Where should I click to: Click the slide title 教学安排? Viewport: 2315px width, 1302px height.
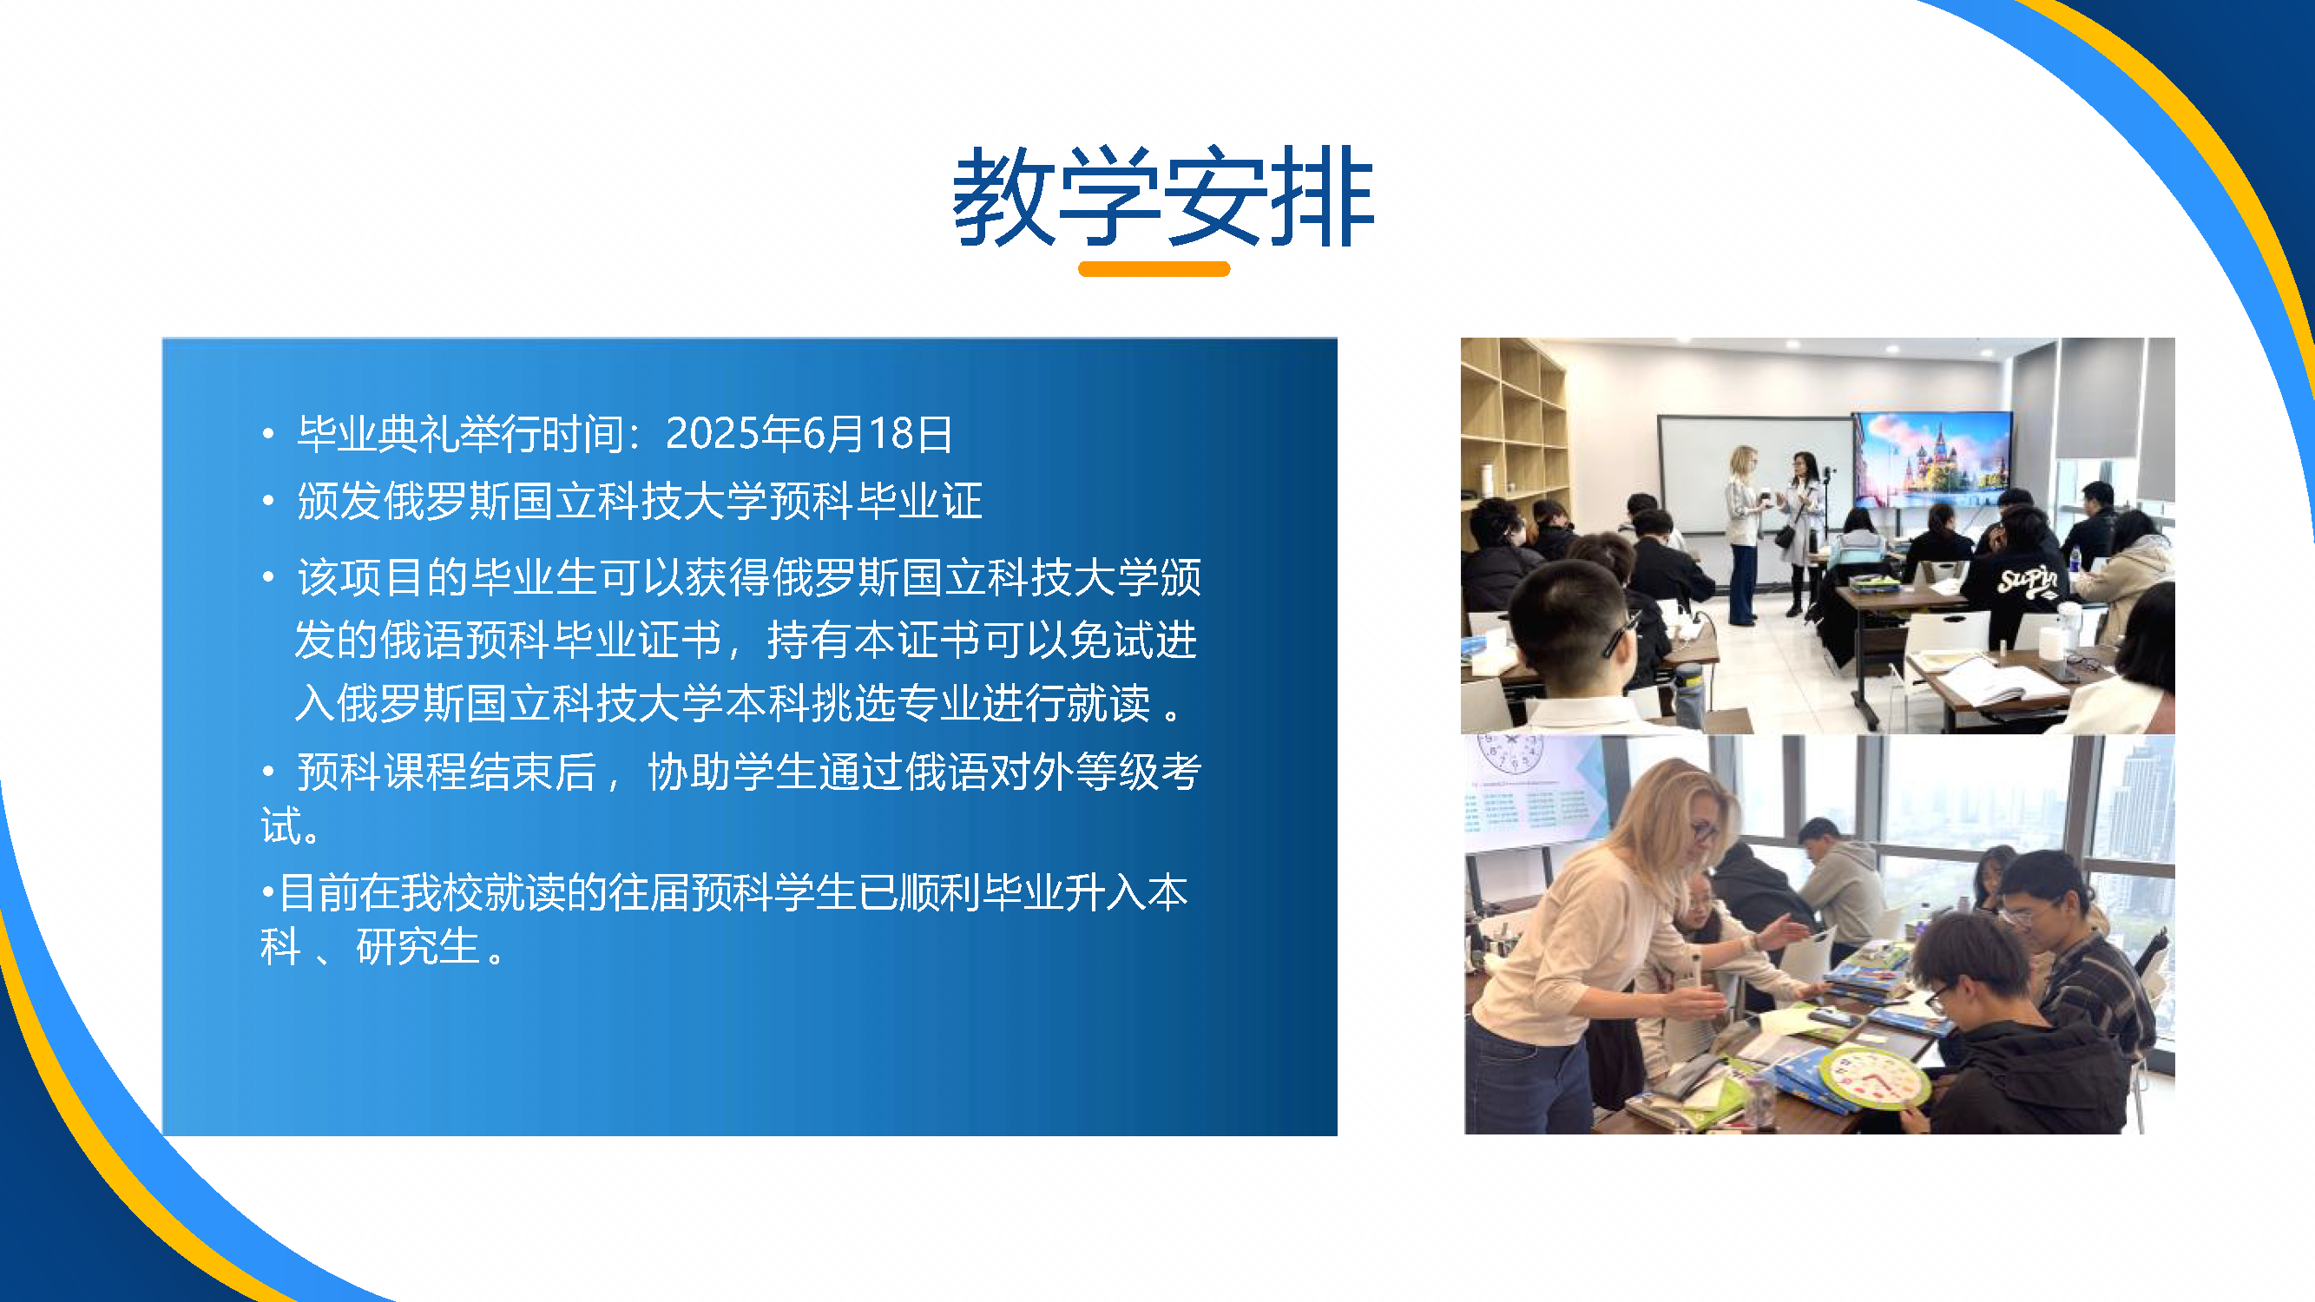point(1163,197)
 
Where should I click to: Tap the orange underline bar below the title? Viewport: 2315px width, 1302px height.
point(1154,269)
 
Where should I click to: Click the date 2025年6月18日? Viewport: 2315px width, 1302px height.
point(809,434)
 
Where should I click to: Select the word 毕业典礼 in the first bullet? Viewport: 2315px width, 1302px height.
point(377,434)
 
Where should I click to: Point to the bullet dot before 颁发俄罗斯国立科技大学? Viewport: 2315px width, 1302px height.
point(268,501)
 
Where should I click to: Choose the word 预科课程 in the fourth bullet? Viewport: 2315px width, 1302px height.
point(382,771)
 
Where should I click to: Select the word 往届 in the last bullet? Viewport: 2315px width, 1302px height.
point(650,892)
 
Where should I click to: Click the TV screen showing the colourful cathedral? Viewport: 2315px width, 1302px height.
point(1931,458)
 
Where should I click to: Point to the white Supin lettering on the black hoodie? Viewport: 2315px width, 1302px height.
point(2027,581)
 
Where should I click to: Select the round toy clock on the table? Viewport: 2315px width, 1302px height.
point(1873,1075)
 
